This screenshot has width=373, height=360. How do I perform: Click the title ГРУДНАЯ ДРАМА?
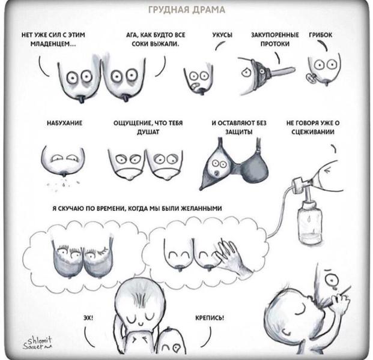(186, 10)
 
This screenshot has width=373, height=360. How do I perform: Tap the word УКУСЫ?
(222, 35)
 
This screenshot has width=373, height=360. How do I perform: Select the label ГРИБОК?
(320, 35)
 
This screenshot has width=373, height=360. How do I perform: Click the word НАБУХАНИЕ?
(64, 123)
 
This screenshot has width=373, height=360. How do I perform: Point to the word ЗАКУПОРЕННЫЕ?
(275, 35)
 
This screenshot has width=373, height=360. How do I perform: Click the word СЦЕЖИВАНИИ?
(313, 132)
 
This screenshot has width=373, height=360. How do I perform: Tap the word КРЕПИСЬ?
(210, 318)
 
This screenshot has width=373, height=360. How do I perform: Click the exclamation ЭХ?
(88, 318)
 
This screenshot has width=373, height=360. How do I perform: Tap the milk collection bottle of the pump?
(311, 223)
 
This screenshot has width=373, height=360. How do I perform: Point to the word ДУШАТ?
(148, 132)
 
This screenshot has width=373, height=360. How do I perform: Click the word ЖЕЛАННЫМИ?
(201, 208)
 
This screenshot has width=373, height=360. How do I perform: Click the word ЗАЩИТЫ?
(239, 132)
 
